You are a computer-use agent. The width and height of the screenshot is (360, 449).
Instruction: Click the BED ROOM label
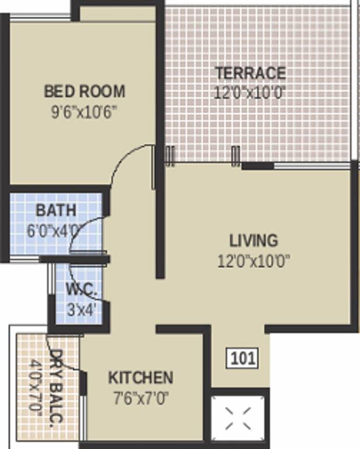tap(85, 92)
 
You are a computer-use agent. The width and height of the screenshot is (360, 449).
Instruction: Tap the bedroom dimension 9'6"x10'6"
tap(84, 111)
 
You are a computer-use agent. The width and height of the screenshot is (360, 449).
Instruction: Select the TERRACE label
tap(250, 74)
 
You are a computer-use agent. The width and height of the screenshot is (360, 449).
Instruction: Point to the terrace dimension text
tap(250, 93)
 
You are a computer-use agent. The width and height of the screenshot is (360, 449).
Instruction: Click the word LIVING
tap(254, 240)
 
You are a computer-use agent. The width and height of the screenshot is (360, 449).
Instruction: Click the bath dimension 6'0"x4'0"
tap(54, 230)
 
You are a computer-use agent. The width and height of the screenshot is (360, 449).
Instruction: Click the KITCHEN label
tap(140, 378)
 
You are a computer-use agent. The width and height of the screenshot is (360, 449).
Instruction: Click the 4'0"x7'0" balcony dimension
tap(36, 386)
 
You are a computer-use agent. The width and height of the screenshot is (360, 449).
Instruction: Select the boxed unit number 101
tap(242, 358)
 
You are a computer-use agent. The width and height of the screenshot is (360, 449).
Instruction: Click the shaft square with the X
tap(240, 419)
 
